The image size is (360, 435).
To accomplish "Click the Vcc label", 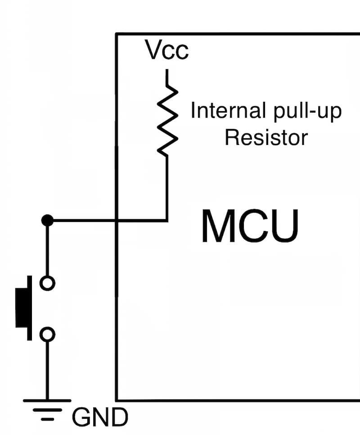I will [166, 50].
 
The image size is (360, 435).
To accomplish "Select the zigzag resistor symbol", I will [167, 120].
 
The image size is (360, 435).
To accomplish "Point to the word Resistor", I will [266, 137].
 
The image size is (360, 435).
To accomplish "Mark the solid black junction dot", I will [47, 221].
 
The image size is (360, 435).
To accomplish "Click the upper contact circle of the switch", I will [47, 283].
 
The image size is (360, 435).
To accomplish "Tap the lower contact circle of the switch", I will [47, 334].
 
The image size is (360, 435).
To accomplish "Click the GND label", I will [100, 418].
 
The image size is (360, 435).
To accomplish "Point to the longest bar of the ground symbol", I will [47, 400].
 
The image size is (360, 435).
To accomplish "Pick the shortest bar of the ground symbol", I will [47, 419].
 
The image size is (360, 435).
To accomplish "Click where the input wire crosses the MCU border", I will [117, 221].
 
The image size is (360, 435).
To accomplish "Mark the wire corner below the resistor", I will [167, 221].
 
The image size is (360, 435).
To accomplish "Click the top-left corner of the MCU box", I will [117, 34].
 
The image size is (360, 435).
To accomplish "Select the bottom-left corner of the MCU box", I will [117, 400].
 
